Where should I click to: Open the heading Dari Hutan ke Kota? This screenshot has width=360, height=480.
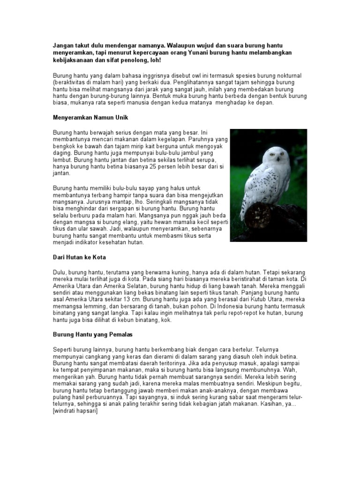tap(79, 257)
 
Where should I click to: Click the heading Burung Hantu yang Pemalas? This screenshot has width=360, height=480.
tap(93, 335)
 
